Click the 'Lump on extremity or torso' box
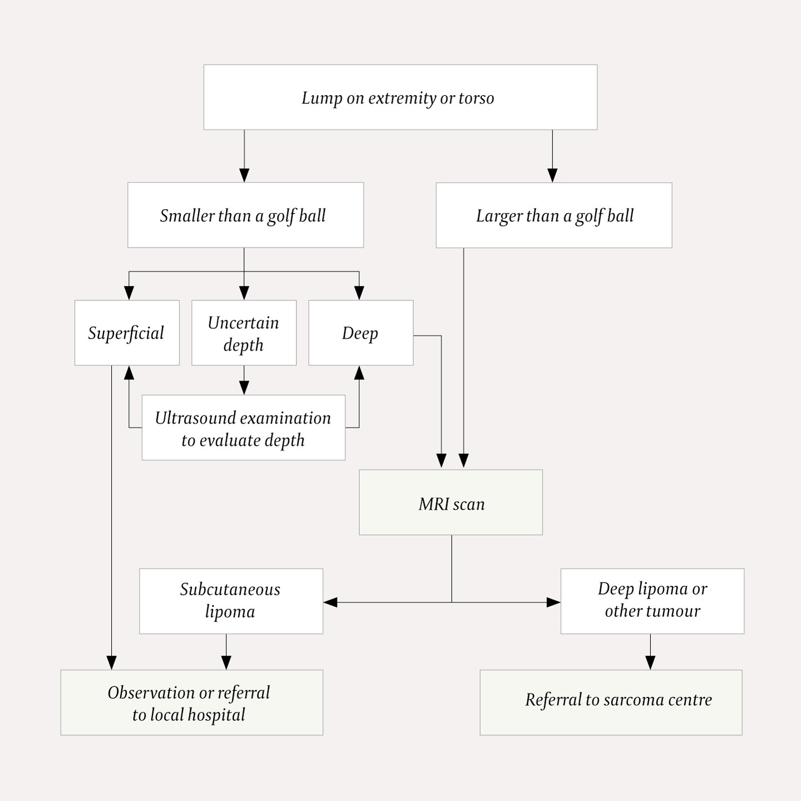[x=400, y=97]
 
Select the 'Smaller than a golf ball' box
[x=245, y=215]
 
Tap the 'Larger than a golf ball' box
[x=553, y=215]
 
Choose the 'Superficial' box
[x=127, y=333]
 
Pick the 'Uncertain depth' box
[x=244, y=333]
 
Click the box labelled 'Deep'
[x=360, y=333]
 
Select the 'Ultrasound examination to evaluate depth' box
[x=243, y=428]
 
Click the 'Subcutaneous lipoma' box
[x=231, y=601]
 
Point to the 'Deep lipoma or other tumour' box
[x=652, y=601]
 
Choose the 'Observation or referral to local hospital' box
[x=191, y=703]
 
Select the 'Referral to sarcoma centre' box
[x=611, y=703]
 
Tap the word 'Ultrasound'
[x=195, y=418]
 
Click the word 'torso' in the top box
[x=476, y=98]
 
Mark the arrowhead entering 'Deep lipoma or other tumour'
[x=553, y=602]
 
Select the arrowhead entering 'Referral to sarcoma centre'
[x=650, y=662]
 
